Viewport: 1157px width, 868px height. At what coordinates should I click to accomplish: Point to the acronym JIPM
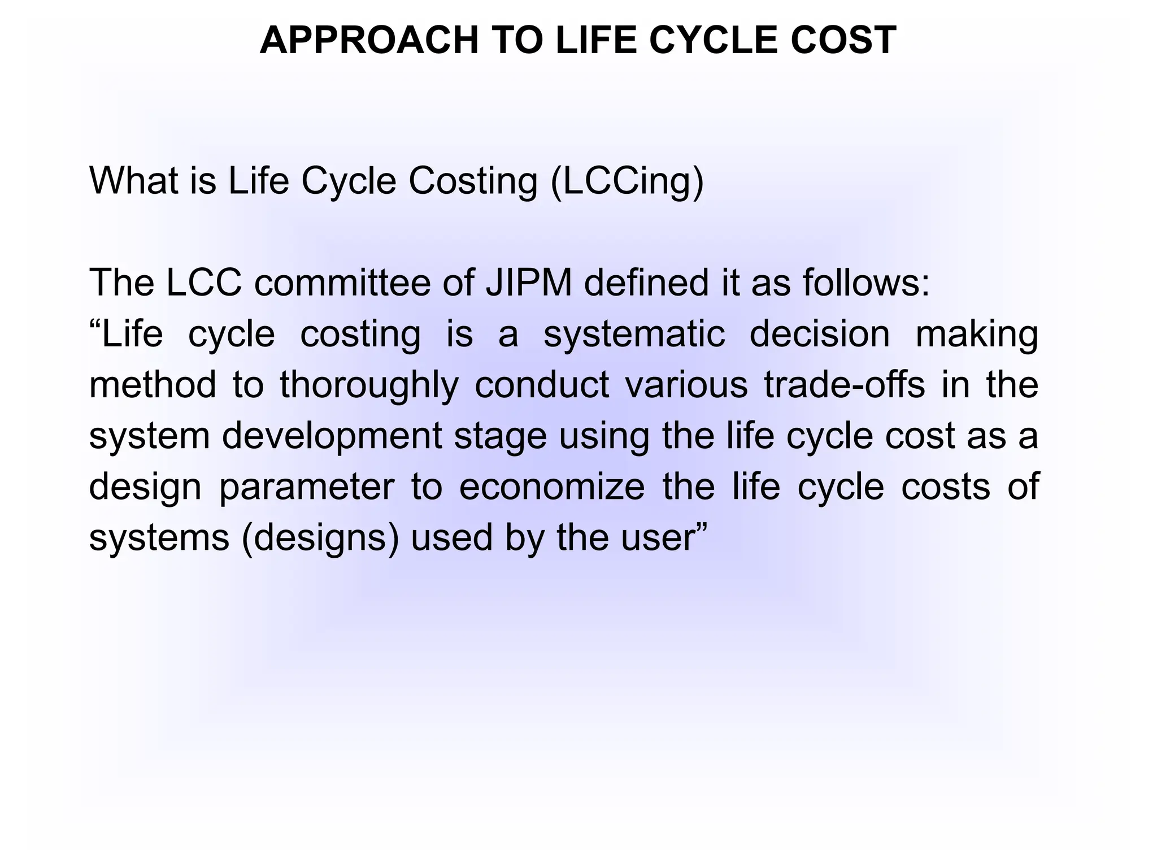pyautogui.click(x=529, y=283)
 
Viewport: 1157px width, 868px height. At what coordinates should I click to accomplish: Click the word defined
pyautogui.click(x=646, y=283)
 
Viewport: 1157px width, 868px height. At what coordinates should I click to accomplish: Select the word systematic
pyautogui.click(x=634, y=334)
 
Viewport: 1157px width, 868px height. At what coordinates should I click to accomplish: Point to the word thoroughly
pyautogui.click(x=369, y=386)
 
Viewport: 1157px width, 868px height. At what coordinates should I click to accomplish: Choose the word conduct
pyautogui.click(x=541, y=385)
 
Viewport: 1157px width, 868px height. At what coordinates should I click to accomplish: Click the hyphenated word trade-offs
pyautogui.click(x=845, y=385)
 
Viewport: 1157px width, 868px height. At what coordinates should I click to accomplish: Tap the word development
pyautogui.click(x=332, y=437)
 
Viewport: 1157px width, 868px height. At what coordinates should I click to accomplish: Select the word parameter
pyautogui.click(x=306, y=488)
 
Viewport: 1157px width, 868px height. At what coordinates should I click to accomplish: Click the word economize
pyautogui.click(x=551, y=487)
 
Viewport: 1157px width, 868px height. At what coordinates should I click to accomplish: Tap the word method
pyautogui.click(x=153, y=385)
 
